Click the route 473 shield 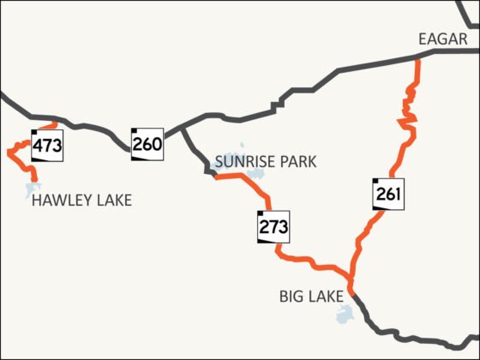coord(47,145)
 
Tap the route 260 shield coord(147,144)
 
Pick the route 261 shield coord(387,194)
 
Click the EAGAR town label coord(442,39)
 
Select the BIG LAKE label coord(311,297)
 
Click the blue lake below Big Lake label coord(345,315)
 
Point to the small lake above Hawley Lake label coord(33,187)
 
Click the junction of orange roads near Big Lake coord(351,278)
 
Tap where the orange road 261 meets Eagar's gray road coord(417,57)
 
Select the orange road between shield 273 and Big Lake coord(313,261)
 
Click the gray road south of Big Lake coord(377,326)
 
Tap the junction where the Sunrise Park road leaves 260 coord(183,130)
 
